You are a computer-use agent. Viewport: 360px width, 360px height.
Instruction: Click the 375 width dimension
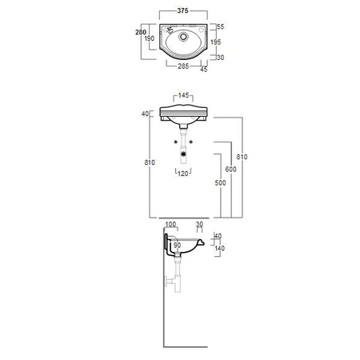click(x=182, y=10)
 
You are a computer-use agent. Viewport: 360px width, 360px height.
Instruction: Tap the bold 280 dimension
click(x=141, y=32)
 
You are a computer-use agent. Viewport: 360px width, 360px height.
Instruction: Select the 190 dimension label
click(x=150, y=38)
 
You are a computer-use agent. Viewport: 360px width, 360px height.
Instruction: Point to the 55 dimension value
click(x=221, y=26)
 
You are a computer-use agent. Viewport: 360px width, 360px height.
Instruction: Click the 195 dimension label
click(x=215, y=42)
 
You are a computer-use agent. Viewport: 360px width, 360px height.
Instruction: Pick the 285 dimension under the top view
click(x=183, y=66)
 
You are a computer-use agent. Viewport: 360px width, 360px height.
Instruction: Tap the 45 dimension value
click(x=204, y=69)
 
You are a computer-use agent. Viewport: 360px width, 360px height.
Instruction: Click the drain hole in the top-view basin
click(x=183, y=36)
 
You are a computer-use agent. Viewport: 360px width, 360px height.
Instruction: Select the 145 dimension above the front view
click(x=183, y=95)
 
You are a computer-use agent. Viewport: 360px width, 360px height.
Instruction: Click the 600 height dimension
click(x=230, y=169)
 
